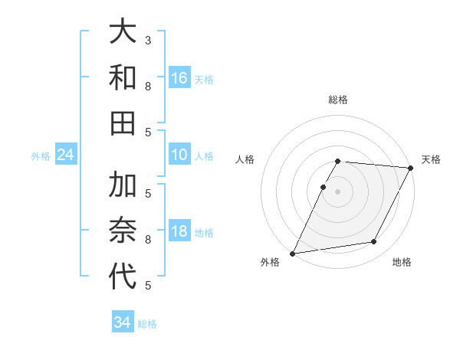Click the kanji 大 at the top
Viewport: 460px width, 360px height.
click(123, 33)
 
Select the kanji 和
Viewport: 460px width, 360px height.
click(123, 77)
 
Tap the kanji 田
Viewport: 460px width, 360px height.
click(123, 122)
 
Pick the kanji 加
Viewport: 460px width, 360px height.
click(123, 185)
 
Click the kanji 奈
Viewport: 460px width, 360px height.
click(123, 230)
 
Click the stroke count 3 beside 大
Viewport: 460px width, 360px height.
click(148, 40)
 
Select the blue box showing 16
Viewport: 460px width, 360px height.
click(179, 78)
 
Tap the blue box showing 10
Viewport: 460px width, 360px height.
click(179, 155)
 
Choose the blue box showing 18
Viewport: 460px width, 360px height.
click(179, 232)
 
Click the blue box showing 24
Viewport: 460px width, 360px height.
click(65, 155)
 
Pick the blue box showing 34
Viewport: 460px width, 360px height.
click(122, 322)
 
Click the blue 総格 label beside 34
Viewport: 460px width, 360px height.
click(147, 324)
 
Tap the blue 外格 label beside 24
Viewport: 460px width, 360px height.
click(41, 156)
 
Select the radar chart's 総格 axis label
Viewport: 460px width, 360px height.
click(338, 100)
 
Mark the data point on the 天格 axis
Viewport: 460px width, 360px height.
click(411, 168)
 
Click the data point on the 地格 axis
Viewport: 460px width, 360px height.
click(374, 242)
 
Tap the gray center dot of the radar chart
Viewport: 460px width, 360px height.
click(337, 191)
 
